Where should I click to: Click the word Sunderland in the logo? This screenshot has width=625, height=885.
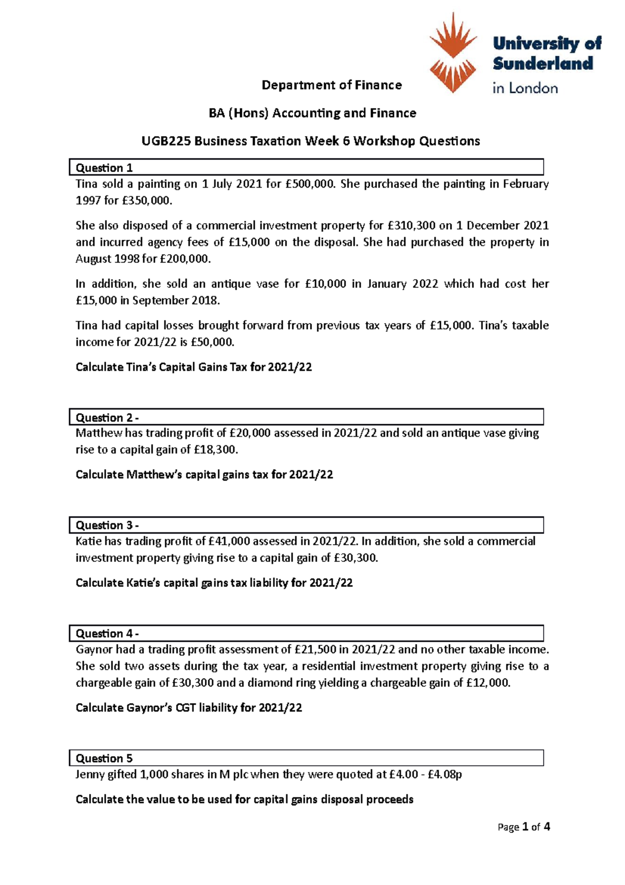[x=543, y=64]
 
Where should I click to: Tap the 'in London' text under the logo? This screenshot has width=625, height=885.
[x=525, y=88]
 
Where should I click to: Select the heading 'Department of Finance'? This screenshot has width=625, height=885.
[x=331, y=85]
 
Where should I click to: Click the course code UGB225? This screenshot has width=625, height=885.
[x=166, y=141]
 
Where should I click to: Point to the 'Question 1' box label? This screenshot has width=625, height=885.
[x=104, y=168]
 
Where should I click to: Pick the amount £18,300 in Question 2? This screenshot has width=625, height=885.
[x=215, y=450]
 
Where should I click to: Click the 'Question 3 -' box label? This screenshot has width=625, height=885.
[x=107, y=525]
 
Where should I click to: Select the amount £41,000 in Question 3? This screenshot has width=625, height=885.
[x=229, y=542]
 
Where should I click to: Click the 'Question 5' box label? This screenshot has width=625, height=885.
[x=104, y=758]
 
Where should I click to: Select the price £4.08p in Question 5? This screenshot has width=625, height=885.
[x=444, y=775]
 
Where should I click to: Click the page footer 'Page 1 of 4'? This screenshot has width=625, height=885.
[x=523, y=827]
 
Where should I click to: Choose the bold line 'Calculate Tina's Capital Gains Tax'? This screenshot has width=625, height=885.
[x=194, y=367]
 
